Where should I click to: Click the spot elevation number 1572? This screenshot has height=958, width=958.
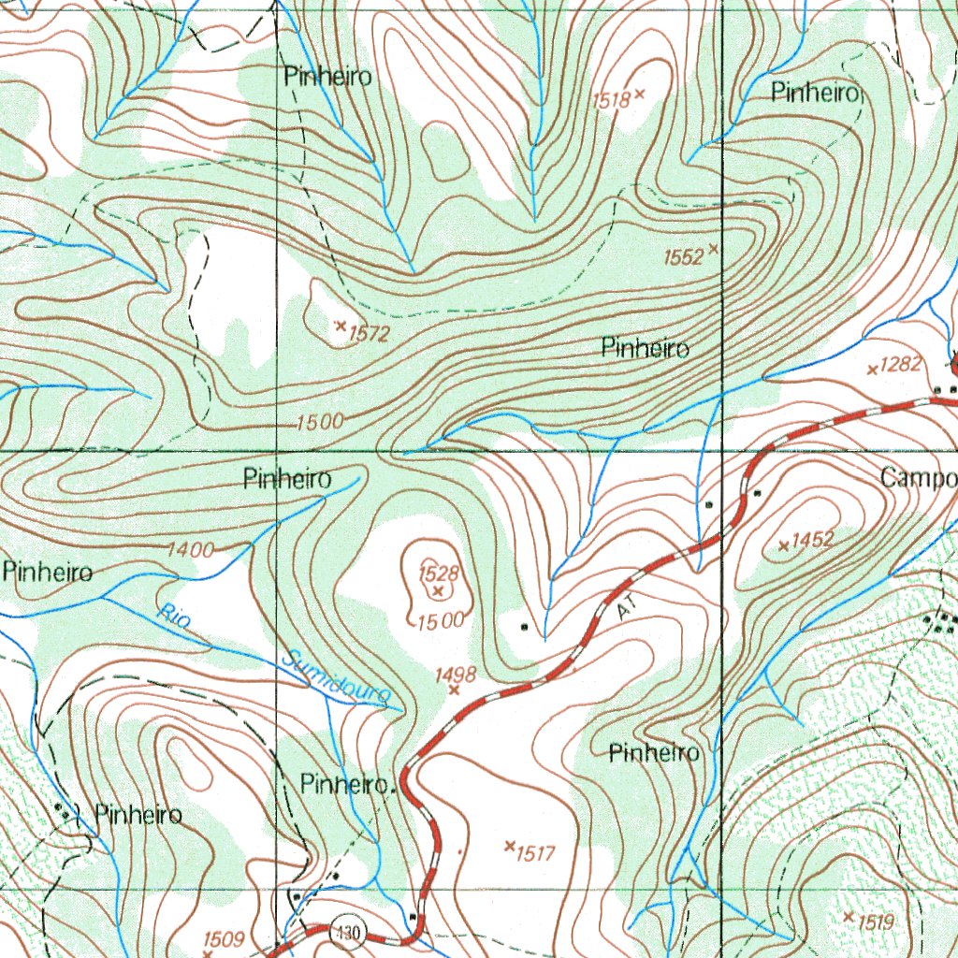point(368,332)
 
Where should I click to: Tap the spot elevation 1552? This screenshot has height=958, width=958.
point(683,257)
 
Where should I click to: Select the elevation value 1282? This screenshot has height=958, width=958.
point(901,365)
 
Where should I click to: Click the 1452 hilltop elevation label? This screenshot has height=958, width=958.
point(811,541)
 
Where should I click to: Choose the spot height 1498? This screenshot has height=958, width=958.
point(457,674)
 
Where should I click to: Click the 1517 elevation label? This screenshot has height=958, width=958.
point(536,852)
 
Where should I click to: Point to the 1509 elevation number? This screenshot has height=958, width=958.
point(224,938)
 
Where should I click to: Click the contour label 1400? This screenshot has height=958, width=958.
point(190,550)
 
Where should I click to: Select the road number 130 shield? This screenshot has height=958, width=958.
point(349,932)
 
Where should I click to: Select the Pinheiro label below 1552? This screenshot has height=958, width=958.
point(646,349)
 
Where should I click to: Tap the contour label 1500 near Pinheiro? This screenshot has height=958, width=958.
point(319,422)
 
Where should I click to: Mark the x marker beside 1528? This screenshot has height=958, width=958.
point(437,591)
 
